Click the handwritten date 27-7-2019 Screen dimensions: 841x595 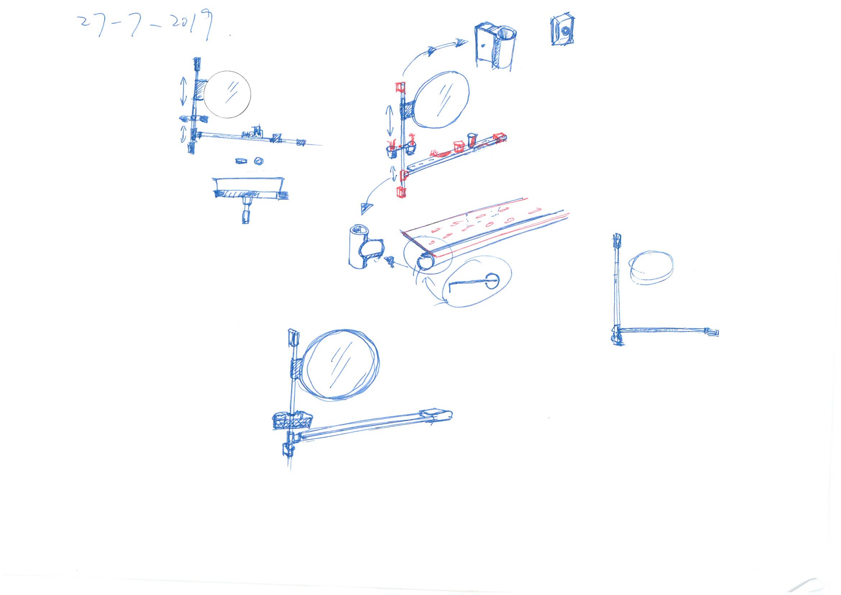tap(146, 26)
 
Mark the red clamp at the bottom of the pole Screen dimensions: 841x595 tap(401, 192)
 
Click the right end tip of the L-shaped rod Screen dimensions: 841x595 tap(718, 333)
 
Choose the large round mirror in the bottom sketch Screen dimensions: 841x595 tap(340, 364)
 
